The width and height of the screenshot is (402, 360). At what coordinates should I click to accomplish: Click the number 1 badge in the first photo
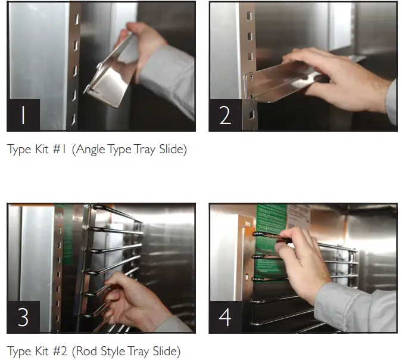[23, 115]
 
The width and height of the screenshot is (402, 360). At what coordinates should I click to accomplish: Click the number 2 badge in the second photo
[225, 115]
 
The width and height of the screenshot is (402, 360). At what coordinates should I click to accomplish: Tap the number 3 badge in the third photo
[23, 317]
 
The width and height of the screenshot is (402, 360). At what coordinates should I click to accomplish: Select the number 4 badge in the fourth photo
[225, 317]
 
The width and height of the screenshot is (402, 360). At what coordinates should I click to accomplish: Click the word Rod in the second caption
[83, 352]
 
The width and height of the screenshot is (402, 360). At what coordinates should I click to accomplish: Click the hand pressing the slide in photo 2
[334, 77]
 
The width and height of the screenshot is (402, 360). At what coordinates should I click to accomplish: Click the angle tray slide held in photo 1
[110, 77]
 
